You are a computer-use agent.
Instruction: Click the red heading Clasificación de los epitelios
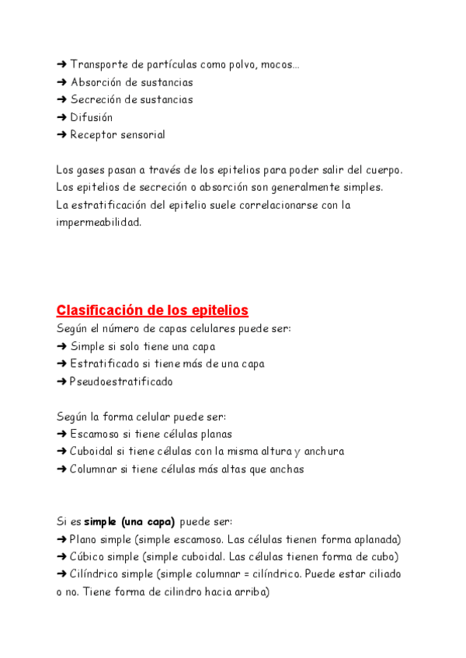(152, 310)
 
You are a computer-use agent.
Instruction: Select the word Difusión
(92, 117)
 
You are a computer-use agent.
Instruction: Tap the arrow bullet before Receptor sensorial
(61, 135)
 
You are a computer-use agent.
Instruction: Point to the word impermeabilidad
(99, 223)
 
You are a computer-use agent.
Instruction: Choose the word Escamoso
(96, 435)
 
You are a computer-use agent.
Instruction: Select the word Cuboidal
(94, 452)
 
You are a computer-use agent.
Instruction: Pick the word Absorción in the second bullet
(97, 82)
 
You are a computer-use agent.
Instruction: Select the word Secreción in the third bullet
(97, 100)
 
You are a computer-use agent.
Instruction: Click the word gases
(89, 170)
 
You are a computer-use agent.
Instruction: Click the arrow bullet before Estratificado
(61, 364)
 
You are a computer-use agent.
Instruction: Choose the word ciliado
(383, 574)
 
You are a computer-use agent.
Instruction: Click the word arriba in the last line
(249, 592)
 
